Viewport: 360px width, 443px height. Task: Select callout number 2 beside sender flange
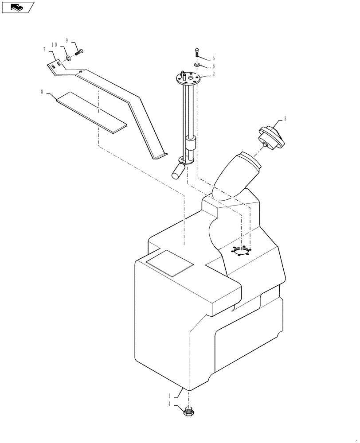click(213, 74)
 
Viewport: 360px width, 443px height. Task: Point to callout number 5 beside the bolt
click(213, 58)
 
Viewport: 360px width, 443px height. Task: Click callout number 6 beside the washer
click(213, 66)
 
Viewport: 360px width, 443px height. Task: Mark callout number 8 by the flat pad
click(42, 92)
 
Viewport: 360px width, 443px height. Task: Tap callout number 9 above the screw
click(67, 40)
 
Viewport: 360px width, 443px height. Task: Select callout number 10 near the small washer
click(55, 45)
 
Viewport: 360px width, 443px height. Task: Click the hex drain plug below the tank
click(189, 412)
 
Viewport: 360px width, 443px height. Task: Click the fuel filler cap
click(271, 137)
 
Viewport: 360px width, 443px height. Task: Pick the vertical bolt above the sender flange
click(197, 54)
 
